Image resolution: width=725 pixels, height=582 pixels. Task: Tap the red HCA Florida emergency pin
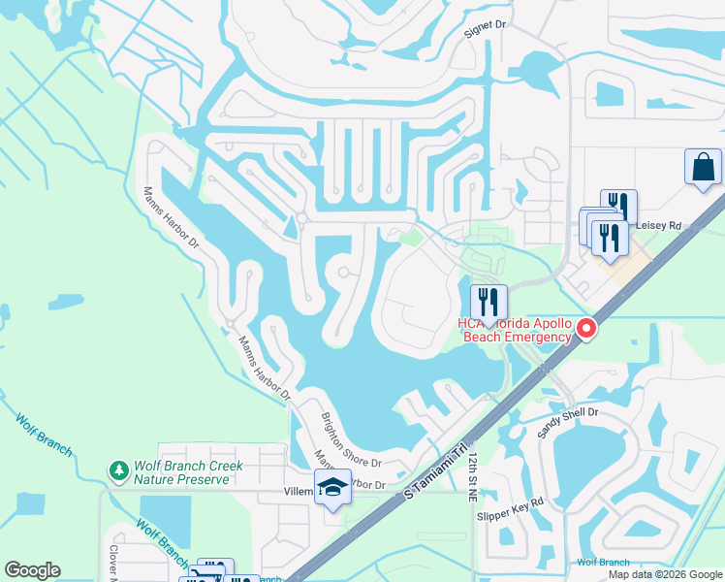[585, 330]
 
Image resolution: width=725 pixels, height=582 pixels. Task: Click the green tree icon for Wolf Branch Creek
[119, 471]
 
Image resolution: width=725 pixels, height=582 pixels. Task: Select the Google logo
[32, 570]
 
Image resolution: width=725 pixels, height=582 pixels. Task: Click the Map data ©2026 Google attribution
[664, 574]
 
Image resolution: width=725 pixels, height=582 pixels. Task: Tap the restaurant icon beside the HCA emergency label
[489, 302]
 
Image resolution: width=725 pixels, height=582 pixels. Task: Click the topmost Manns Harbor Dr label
[171, 215]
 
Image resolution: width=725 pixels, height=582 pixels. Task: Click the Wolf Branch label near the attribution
[602, 562]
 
